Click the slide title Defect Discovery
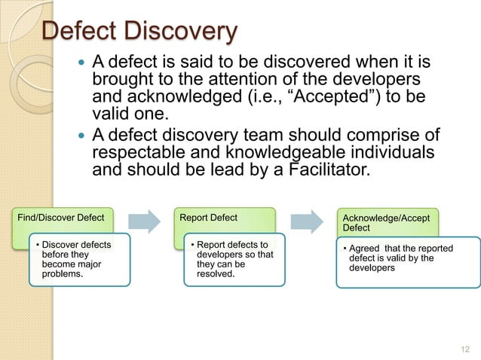coord(139,32)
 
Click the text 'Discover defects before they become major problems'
coord(75,260)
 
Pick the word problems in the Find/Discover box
coord(63,275)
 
